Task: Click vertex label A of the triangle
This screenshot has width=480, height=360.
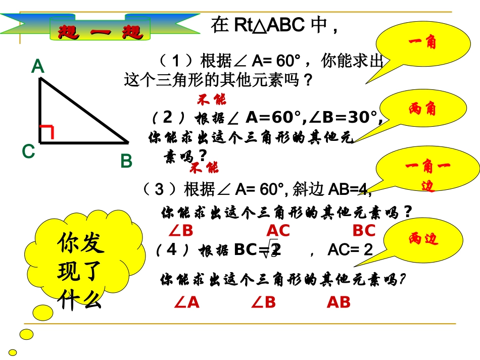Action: (x=38, y=67)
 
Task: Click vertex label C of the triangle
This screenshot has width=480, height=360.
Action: (x=28, y=151)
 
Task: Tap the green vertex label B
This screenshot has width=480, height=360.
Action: (x=126, y=161)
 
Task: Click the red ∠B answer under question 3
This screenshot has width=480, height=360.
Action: (x=181, y=231)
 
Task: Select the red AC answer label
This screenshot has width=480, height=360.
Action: (x=278, y=231)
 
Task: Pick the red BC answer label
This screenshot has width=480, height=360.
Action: (x=364, y=231)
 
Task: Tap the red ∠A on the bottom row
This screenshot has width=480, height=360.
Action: (x=187, y=302)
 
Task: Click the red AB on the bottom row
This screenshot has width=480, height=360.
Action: (x=339, y=302)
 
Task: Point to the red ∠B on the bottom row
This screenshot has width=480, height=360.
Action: (x=263, y=302)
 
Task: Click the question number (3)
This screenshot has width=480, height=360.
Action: (x=159, y=190)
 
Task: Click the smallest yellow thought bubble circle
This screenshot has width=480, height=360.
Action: (x=13, y=352)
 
